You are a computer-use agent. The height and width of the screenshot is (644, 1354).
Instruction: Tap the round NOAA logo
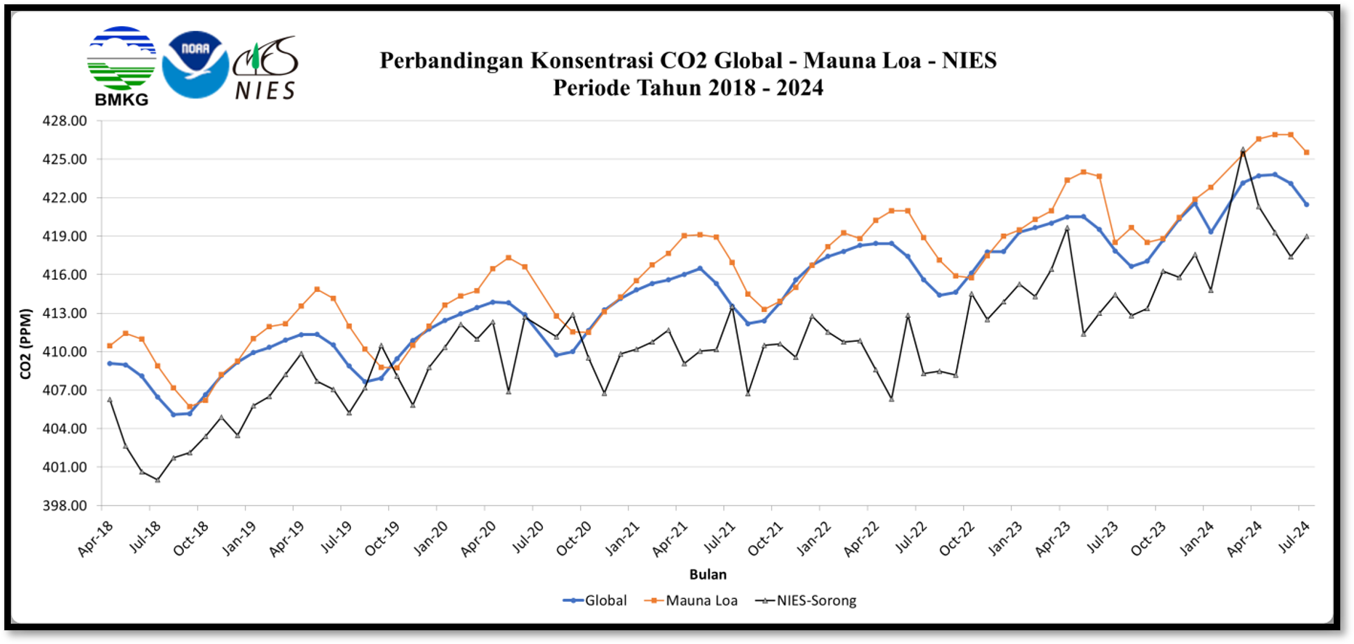click(x=195, y=65)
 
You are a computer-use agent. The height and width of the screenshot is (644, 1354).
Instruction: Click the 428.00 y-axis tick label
click(x=64, y=121)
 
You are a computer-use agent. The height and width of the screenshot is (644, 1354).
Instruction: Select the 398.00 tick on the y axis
click(x=64, y=506)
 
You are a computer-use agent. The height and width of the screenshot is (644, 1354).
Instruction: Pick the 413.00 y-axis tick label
click(x=64, y=314)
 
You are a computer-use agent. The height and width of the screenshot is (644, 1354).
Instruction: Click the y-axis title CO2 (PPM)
click(x=25, y=344)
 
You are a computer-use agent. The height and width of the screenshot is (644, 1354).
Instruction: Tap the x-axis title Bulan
click(x=707, y=574)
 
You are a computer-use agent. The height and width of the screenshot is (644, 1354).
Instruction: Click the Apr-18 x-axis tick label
click(x=96, y=539)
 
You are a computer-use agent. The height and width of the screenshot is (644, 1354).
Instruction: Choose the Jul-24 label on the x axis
click(x=1294, y=538)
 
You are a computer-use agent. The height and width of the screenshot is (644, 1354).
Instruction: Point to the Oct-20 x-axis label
click(x=574, y=539)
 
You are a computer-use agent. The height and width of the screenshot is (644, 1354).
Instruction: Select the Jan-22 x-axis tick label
click(x=814, y=539)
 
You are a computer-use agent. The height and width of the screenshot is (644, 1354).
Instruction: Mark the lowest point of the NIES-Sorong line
click(x=158, y=480)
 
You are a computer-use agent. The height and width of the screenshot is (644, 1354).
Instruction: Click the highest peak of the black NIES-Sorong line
click(x=1243, y=150)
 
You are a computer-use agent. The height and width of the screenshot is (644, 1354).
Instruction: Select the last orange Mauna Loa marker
click(x=1307, y=152)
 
